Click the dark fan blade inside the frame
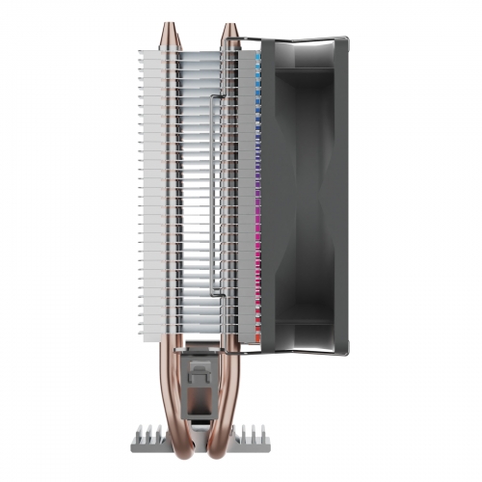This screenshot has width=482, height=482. pos(304,193)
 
